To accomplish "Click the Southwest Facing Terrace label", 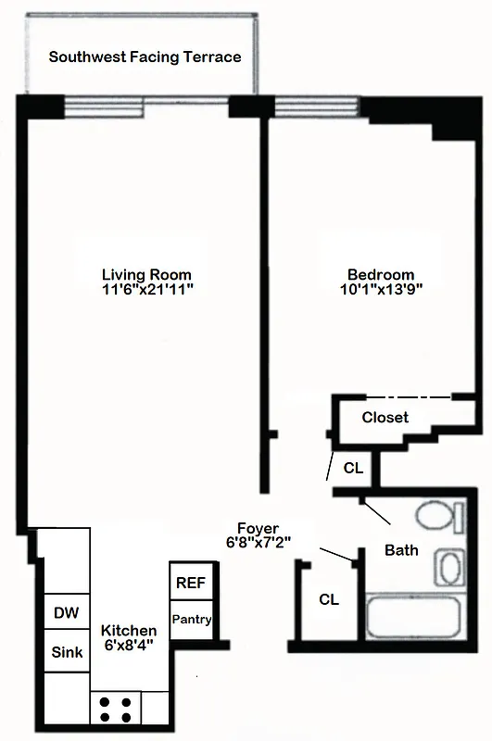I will point(145,57).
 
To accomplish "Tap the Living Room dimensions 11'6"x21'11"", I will point(146,290).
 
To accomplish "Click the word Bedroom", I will point(380,274).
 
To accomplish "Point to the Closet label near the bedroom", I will point(385,418).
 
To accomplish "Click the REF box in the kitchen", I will point(192,584).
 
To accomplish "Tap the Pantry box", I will point(192,620).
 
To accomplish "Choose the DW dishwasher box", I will point(67,612).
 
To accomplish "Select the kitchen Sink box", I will point(67,652).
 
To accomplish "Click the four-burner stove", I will point(116,709).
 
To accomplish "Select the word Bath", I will point(401,550).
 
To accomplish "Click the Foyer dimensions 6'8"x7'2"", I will point(259,543).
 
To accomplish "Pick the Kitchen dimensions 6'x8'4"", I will point(129,646).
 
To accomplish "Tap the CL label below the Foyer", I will point(329,599).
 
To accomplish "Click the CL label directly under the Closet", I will point(353,469).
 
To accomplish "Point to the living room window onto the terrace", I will point(104,107).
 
